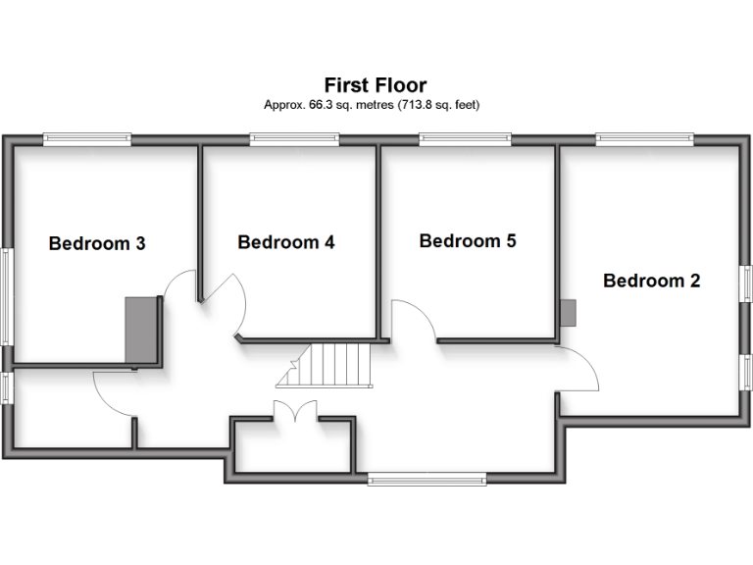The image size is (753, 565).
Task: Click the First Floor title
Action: pos(376,86)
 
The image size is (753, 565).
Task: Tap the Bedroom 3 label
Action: pos(97,243)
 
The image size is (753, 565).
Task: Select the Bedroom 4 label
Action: pos(286,242)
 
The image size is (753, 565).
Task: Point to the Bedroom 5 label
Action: pos(468,240)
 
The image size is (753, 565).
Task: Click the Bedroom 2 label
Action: pos(651,282)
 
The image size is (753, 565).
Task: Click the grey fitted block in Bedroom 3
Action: pos(141,331)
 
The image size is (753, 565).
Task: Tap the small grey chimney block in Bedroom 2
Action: pos(569,312)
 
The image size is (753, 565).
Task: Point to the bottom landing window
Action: pos(427,479)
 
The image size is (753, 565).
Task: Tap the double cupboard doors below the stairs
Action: pos(294,412)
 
